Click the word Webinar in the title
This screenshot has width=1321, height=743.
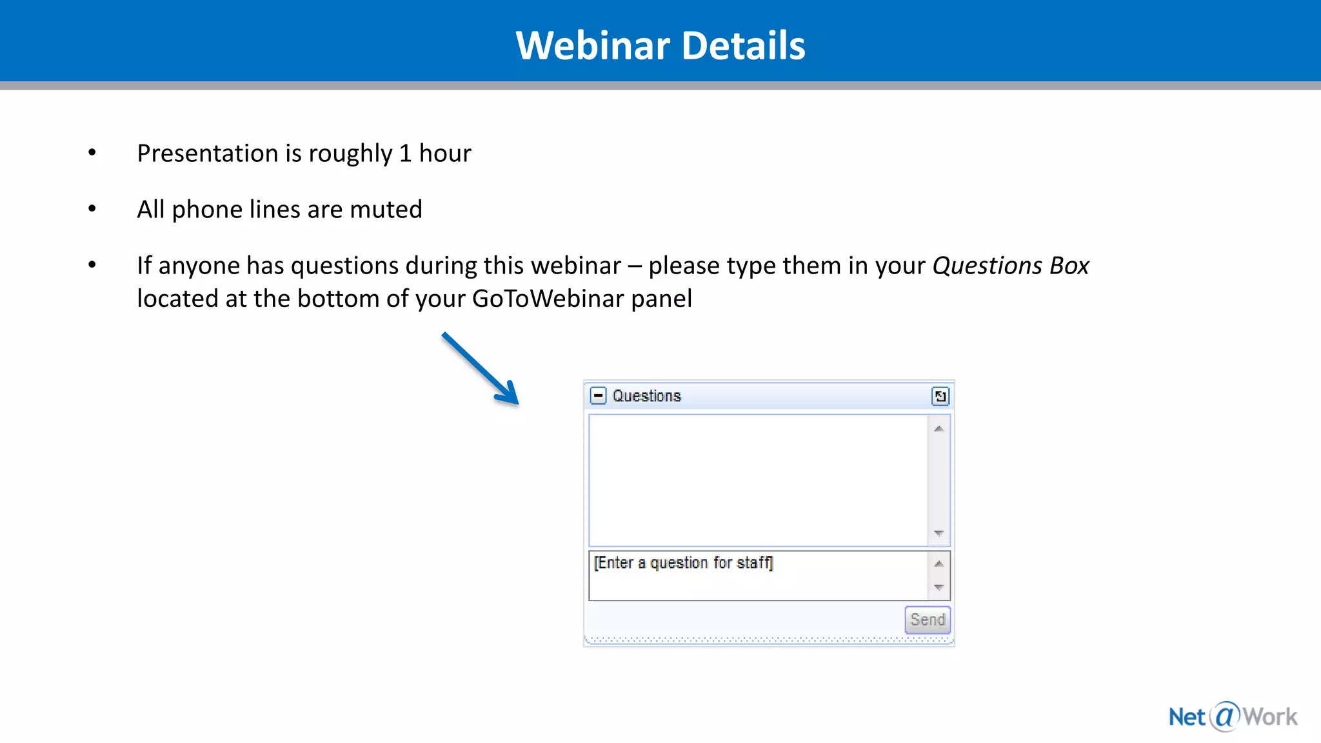pyautogui.click(x=593, y=46)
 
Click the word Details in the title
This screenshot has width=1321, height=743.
pyautogui.click(x=743, y=46)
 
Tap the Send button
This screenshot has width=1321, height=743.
pyautogui.click(x=927, y=620)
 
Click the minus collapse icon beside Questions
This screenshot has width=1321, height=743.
pyautogui.click(x=599, y=395)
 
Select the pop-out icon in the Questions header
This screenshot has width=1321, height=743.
pyautogui.click(x=940, y=396)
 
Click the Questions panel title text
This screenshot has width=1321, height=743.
pyautogui.click(x=646, y=396)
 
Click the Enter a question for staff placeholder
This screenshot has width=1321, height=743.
pyautogui.click(x=683, y=563)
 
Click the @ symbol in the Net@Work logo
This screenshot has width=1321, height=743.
pyautogui.click(x=1224, y=716)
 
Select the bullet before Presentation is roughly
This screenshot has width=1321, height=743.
pyautogui.click(x=92, y=153)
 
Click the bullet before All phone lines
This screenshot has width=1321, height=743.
pyautogui.click(x=92, y=209)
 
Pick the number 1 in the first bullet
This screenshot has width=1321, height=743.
pyautogui.click(x=405, y=154)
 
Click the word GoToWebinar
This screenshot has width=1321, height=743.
pyautogui.click(x=548, y=299)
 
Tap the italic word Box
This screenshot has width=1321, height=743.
pyautogui.click(x=1069, y=266)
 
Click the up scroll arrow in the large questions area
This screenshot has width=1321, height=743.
pyautogui.click(x=939, y=429)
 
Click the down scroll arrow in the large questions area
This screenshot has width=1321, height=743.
pyautogui.click(x=939, y=533)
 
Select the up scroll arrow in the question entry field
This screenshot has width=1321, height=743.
pyautogui.click(x=939, y=564)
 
